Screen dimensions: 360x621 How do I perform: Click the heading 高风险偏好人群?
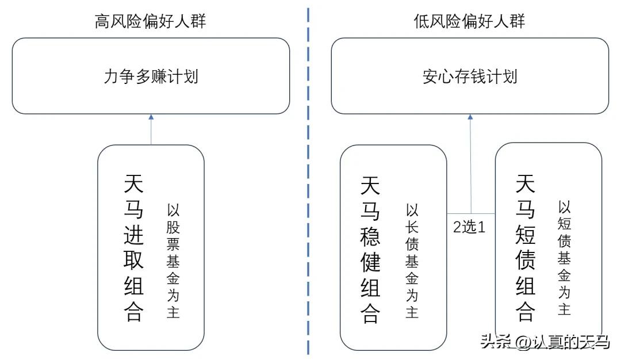point(151,22)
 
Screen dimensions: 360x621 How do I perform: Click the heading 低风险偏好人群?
point(469,22)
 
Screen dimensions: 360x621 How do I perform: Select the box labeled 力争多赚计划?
point(151,76)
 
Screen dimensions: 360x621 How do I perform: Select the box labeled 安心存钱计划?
point(469,76)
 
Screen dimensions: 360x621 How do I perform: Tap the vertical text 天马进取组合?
point(133,248)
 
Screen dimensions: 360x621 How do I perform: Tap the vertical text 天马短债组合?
point(526,248)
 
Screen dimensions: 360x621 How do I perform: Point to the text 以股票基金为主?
point(174,261)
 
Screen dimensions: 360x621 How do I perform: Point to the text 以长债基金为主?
point(412,261)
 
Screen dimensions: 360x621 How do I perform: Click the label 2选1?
point(469,227)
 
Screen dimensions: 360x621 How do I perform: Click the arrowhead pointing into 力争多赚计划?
point(151,117)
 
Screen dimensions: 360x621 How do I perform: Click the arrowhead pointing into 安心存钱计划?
point(470,117)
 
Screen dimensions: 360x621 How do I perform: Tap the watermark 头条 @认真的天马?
point(544,342)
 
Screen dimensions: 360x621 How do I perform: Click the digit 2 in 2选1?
point(457,227)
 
